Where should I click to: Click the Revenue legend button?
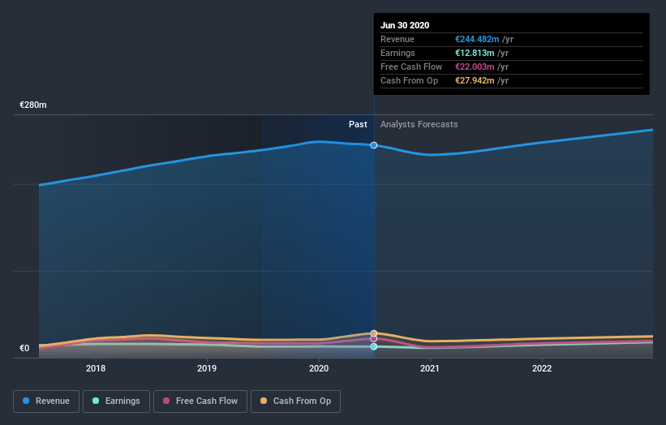(x=47, y=401)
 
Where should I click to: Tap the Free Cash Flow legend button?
(x=200, y=401)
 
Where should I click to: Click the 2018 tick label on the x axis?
(x=96, y=368)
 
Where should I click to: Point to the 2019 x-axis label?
(x=207, y=368)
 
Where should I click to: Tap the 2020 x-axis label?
(x=319, y=368)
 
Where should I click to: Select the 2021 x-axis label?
(x=430, y=368)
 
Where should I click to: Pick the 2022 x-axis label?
(x=541, y=368)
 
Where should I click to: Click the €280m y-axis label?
(x=33, y=105)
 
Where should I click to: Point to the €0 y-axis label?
(x=24, y=349)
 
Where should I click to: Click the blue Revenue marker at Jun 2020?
(x=374, y=145)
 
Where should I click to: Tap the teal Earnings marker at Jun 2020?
(x=374, y=346)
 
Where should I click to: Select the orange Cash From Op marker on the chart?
(x=374, y=333)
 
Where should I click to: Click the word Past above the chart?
(x=358, y=124)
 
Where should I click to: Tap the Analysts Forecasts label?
(x=419, y=124)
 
